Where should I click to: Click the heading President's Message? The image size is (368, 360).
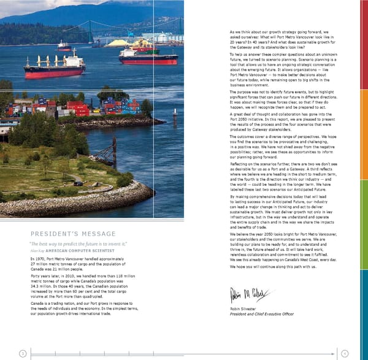click(x=72, y=234)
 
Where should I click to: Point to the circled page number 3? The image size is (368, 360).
click(x=23, y=353)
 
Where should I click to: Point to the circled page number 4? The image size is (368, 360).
click(x=345, y=353)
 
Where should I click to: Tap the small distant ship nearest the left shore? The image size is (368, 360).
click(x=64, y=46)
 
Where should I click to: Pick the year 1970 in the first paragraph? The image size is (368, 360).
click(x=40, y=259)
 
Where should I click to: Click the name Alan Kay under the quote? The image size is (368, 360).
click(x=36, y=250)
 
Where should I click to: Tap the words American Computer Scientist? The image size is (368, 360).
click(x=74, y=250)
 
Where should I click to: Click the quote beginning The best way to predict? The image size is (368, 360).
click(x=74, y=243)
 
